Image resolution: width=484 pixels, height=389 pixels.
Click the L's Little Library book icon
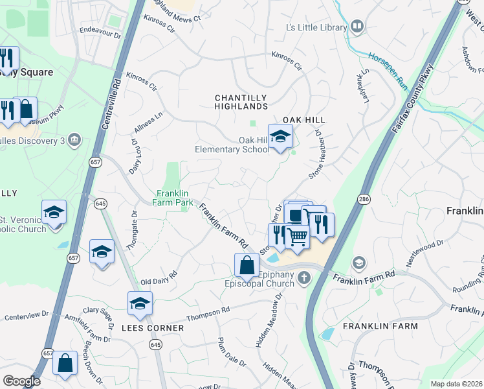pyautogui.click(x=357, y=27)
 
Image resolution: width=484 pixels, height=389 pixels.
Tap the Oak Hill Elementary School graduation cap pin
pyautogui.click(x=280, y=136)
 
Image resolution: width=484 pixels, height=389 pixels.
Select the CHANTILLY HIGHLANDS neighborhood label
pyautogui.click(x=241, y=102)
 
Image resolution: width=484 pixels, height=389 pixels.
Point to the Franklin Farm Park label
pyautogui.click(x=175, y=198)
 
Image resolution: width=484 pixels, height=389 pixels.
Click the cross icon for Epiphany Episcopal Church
pyautogui.click(x=303, y=278)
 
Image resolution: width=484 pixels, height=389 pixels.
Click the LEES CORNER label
pyautogui.click(x=153, y=328)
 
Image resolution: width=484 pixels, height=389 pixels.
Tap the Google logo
pyautogui.click(x=21, y=381)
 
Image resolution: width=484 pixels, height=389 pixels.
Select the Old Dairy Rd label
pyautogui.click(x=159, y=281)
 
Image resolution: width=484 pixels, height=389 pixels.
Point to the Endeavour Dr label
pyautogui.click(x=100, y=30)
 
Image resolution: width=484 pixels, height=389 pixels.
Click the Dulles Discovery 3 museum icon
pyautogui.click(x=74, y=139)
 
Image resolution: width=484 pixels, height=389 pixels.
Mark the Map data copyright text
pyautogui.click(x=457, y=384)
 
